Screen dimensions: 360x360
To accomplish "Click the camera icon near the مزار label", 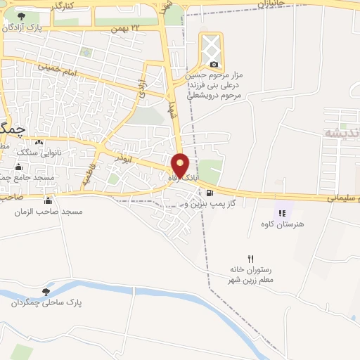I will (x=213, y=64).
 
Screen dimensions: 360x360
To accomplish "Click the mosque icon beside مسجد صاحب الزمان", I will (x=48, y=200).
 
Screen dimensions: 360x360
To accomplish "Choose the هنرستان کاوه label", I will (x=281, y=223).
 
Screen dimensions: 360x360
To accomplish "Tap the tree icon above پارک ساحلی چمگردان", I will (x=46, y=291).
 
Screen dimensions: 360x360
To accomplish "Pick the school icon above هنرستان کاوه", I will (x=282, y=212).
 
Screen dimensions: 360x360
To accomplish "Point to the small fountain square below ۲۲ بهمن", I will (x=86, y=52).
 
